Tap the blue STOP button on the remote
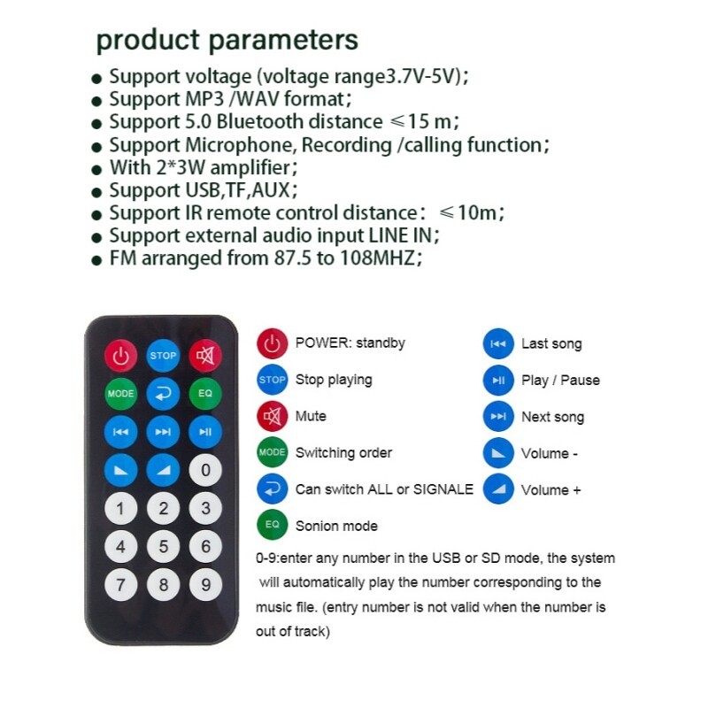tap(163, 356)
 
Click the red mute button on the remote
tap(205, 356)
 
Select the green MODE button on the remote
tap(120, 393)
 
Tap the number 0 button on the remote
tap(205, 470)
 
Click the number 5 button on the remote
tap(163, 547)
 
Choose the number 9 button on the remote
tap(205, 585)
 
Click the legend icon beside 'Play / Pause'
tap(498, 381)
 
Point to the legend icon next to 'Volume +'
tap(498, 489)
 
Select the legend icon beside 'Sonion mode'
tap(273, 525)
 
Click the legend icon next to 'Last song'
tap(498, 343)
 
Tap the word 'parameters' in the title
tap(283, 41)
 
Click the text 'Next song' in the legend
tap(552, 417)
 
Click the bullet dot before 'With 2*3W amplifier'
tap(96, 170)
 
